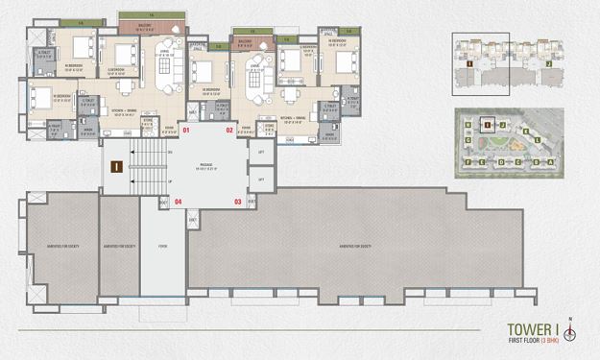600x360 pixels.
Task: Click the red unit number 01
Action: pos(187,130)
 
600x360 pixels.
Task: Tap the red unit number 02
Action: pos(230,130)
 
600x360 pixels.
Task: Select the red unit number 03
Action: pos(238,202)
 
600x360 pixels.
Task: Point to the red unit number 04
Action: pos(179,202)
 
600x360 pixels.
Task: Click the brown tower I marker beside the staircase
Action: pos(115,167)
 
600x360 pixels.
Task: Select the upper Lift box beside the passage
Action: pos(260,153)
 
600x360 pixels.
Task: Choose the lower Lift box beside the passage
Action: pos(260,180)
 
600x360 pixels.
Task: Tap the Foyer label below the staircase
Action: pos(162,246)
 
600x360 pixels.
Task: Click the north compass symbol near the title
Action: pos(570,333)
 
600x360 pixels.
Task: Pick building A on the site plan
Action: pos(550,161)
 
